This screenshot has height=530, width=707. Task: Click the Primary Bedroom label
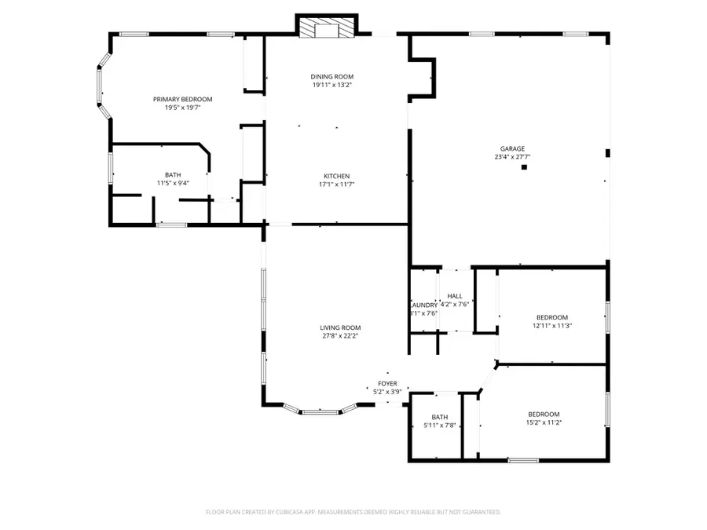coord(182,99)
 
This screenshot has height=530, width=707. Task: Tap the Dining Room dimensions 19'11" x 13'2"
coord(332,85)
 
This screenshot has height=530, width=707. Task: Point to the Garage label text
coord(512,148)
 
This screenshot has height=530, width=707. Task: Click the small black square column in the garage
coord(526,166)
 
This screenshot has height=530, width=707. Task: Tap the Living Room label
coord(339,327)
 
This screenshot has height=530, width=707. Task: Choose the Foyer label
coord(386,383)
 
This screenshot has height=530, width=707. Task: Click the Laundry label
coord(423,305)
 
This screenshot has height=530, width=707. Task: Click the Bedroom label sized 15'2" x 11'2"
coord(544,414)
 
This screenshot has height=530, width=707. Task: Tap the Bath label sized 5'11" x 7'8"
coord(439,417)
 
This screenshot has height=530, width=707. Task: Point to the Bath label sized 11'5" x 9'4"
coord(172,175)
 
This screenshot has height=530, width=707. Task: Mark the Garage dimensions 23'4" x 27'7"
coord(512,157)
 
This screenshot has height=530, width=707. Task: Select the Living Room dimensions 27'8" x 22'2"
coord(339,336)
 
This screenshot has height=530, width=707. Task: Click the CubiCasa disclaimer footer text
coord(353,512)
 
